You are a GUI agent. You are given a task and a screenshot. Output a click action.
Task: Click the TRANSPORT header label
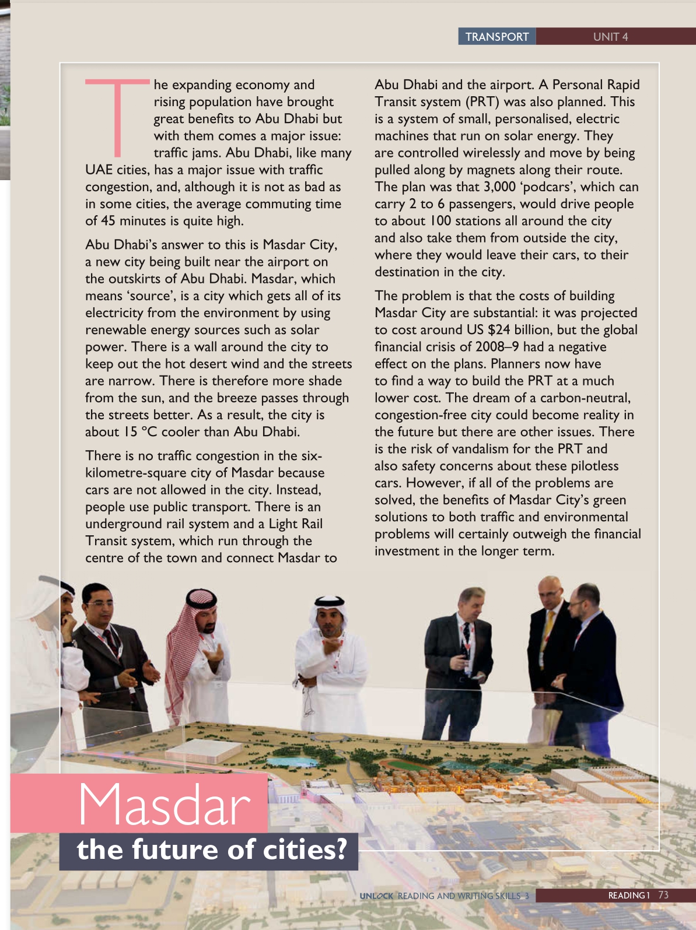pyautogui.click(x=497, y=37)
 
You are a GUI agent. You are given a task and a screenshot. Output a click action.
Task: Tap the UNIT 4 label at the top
pyautogui.click(x=610, y=37)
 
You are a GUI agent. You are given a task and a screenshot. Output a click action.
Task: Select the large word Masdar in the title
pyautogui.click(x=165, y=805)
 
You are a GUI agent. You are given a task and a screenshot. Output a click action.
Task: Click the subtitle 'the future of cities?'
pyautogui.click(x=212, y=850)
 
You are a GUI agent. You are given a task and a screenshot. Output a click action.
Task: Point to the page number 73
pyautogui.click(x=663, y=895)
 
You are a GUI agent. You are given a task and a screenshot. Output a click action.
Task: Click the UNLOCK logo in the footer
pyautogui.click(x=376, y=896)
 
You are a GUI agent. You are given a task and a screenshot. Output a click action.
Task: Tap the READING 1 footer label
pyautogui.click(x=629, y=896)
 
